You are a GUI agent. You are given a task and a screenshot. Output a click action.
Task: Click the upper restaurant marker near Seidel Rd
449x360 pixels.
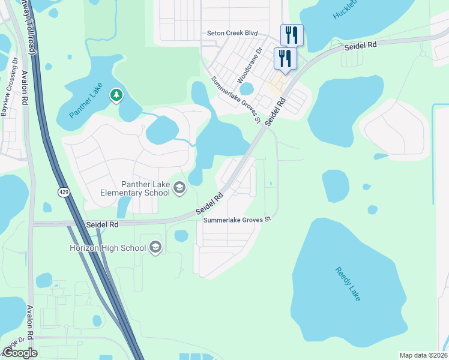pos(292,35)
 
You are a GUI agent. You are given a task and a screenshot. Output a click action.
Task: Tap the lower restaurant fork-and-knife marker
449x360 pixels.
pos(284,58)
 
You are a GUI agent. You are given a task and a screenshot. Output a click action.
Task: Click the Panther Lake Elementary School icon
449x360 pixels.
pos(179,189)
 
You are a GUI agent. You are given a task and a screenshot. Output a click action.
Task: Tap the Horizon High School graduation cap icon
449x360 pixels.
pos(155,248)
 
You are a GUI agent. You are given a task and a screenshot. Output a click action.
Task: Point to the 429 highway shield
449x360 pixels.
pos(63,191)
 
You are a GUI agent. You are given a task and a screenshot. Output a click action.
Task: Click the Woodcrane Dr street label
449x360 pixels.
pos(250,66)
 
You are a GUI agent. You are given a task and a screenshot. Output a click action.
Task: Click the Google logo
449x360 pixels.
pos(20,353)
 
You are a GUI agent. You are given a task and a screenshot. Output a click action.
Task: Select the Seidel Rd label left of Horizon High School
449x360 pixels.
pos(102,224)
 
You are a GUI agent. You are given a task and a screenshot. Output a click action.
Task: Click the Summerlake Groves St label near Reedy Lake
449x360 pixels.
pos(237,220)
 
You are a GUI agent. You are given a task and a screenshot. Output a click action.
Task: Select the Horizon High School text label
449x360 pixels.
pos(107,248)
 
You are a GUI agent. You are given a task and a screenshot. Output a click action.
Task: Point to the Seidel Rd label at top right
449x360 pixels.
pos(360,46)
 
